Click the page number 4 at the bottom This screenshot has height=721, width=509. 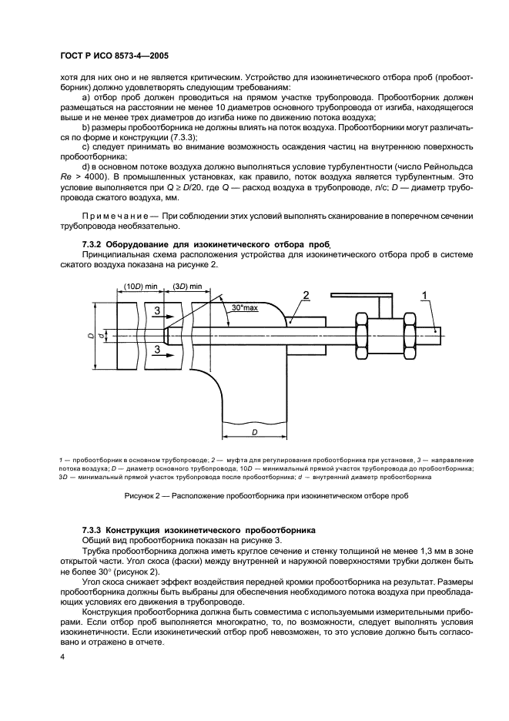(x=62, y=656)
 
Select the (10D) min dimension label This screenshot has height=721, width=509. (x=137, y=287)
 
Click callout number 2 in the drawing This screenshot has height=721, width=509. (x=306, y=296)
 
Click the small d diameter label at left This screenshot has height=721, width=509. (x=91, y=337)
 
